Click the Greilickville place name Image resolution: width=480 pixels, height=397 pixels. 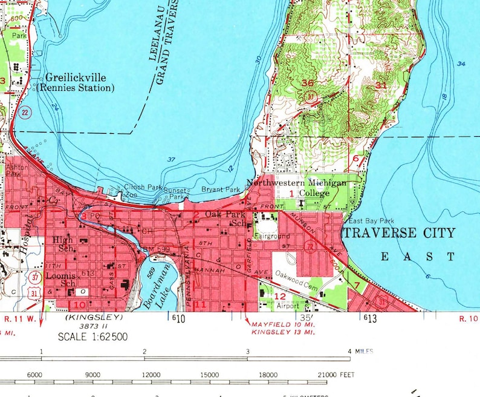coord(76,77)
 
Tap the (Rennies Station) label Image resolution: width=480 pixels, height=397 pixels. coord(76,88)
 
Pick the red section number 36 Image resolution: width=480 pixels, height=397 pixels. coord(307,84)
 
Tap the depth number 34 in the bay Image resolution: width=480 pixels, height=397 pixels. coord(462,64)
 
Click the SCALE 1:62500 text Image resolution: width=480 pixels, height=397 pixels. coord(92,336)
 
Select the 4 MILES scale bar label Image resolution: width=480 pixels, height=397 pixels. coord(360,351)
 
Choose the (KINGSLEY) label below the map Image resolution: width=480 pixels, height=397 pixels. coord(93,317)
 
